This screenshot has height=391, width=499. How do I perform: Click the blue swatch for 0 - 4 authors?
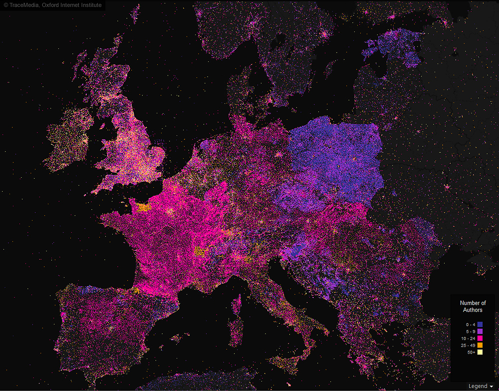click(x=480, y=325)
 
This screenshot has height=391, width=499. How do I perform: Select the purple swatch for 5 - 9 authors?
click(x=480, y=332)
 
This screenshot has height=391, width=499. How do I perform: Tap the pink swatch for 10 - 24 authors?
click(x=480, y=339)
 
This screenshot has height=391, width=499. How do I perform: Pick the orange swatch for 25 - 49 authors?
click(x=480, y=346)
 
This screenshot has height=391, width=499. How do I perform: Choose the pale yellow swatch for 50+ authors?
click(x=480, y=353)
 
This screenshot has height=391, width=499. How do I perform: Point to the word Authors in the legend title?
click(x=473, y=310)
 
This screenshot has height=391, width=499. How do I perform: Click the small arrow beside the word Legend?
click(x=492, y=387)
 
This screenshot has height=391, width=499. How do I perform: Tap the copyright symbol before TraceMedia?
click(x=6, y=5)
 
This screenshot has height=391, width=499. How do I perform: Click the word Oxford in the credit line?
click(x=51, y=5)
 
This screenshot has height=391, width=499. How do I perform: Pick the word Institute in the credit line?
click(x=91, y=5)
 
